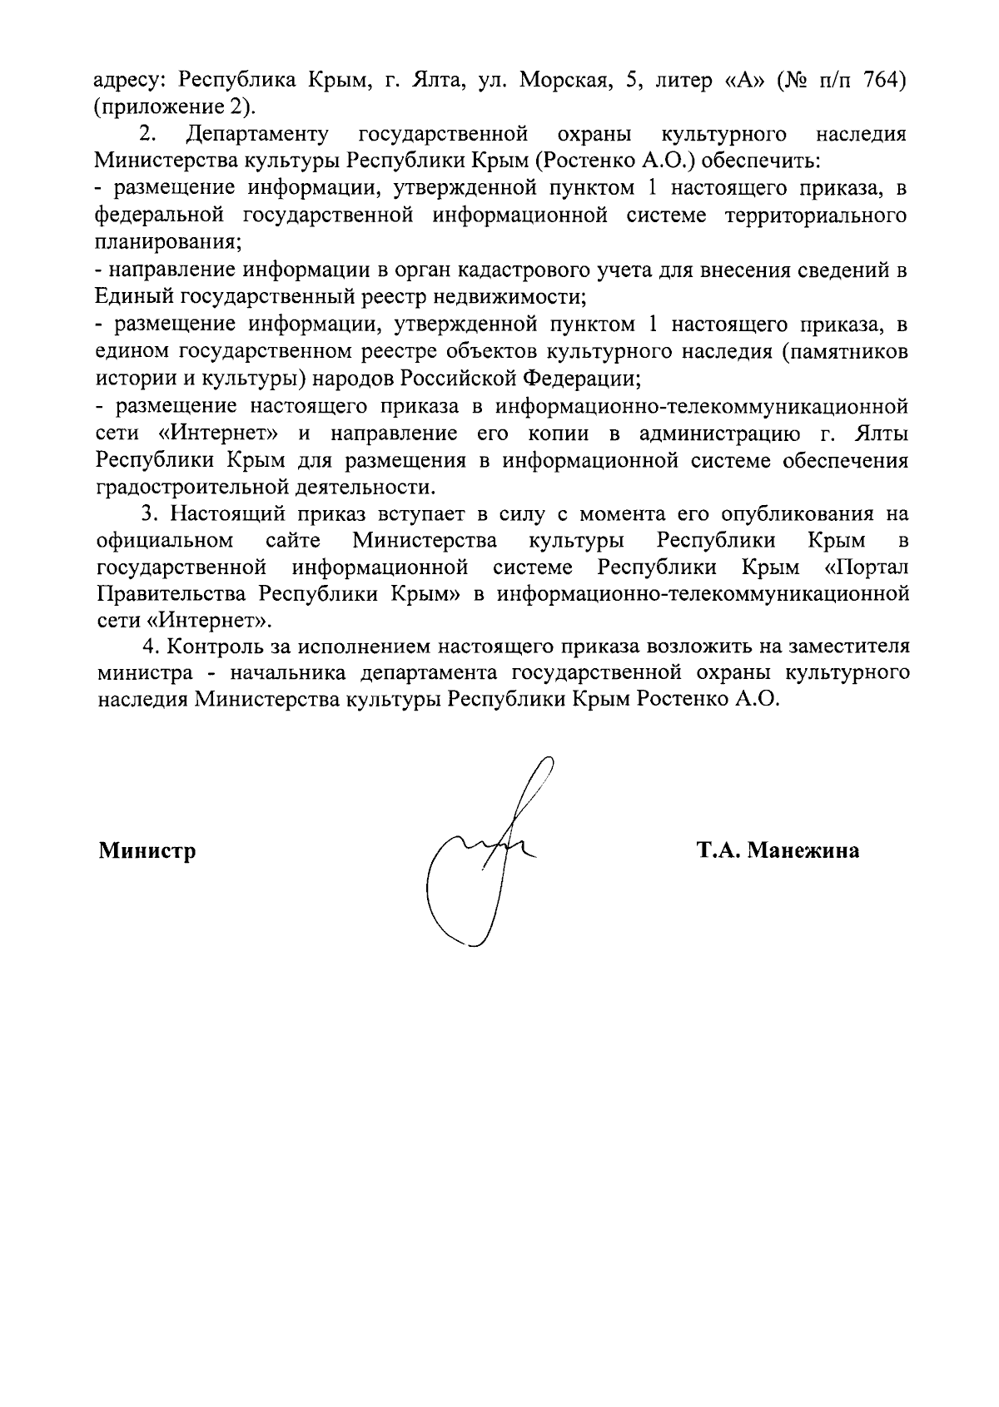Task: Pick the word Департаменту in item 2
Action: (258, 134)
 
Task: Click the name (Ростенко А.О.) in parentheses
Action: (628, 161)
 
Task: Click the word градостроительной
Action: (196, 486)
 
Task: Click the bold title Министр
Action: (147, 850)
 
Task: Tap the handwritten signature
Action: (483, 857)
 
